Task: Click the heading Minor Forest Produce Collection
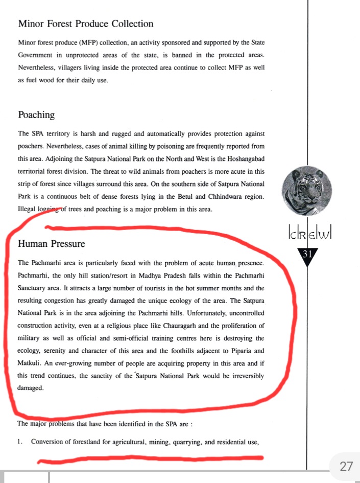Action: coord(85,24)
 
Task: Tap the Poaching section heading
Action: coord(36,115)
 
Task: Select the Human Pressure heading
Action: coord(52,244)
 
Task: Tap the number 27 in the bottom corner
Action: coord(346,466)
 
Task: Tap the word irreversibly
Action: coord(244,376)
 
